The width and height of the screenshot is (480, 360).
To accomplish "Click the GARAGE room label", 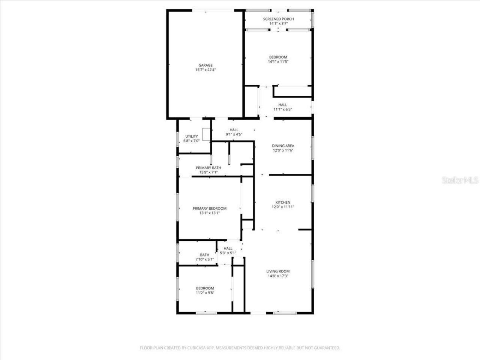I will pyautogui.click(x=205, y=65).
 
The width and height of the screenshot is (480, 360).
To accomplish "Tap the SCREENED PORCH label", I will pyautogui.click(x=278, y=19).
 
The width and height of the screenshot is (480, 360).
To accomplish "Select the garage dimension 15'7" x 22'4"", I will pyautogui.click(x=205, y=70).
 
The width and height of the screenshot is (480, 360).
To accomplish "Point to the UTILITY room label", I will pyautogui.click(x=191, y=136).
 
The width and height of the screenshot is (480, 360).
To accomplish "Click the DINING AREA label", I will pyautogui.click(x=283, y=146).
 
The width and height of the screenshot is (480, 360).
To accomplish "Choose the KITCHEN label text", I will pyautogui.click(x=283, y=202).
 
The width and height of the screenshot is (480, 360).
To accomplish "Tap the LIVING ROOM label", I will pyautogui.click(x=278, y=271).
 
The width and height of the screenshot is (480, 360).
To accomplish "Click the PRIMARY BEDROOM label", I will pyautogui.click(x=209, y=208).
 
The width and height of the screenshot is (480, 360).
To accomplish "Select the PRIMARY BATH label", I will pyautogui.click(x=208, y=168).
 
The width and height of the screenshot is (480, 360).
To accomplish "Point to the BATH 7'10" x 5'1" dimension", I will pyautogui.click(x=204, y=259).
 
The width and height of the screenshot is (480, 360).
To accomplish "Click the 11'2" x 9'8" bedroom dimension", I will pyautogui.click(x=205, y=293).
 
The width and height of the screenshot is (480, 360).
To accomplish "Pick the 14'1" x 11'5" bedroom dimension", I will pyautogui.click(x=278, y=61).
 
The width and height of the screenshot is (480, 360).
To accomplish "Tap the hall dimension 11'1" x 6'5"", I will pyautogui.click(x=283, y=109).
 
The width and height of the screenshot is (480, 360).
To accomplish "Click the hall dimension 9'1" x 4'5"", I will pyautogui.click(x=234, y=134).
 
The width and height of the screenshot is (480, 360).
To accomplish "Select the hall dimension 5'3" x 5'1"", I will pyautogui.click(x=228, y=253).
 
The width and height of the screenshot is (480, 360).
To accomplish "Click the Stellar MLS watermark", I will pyautogui.click(x=460, y=180).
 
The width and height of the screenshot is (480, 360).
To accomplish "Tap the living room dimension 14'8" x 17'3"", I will pyautogui.click(x=278, y=276).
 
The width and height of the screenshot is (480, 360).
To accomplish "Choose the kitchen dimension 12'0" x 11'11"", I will pyautogui.click(x=283, y=207).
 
